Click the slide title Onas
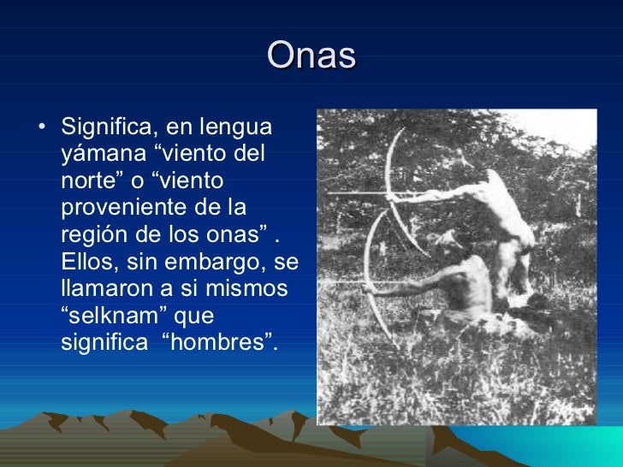point(311,56)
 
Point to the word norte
point(88,181)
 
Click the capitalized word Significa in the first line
point(108,127)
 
